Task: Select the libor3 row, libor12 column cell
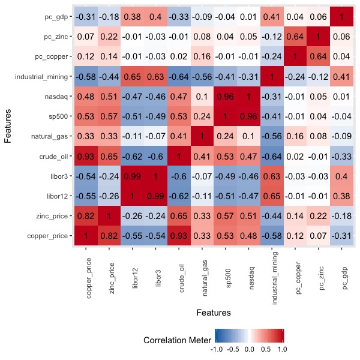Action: pos(131,176)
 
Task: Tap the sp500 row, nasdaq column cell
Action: pos(249,116)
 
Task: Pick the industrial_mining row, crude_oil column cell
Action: pos(178,77)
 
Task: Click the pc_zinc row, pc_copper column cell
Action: pos(295,37)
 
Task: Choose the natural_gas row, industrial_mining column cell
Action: pos(272,136)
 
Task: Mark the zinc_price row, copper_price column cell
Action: pos(85,215)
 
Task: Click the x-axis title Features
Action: pos(213,313)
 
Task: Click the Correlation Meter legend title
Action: pos(177,340)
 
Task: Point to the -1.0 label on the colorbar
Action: pos(218,348)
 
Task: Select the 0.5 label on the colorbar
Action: pos(266,348)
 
